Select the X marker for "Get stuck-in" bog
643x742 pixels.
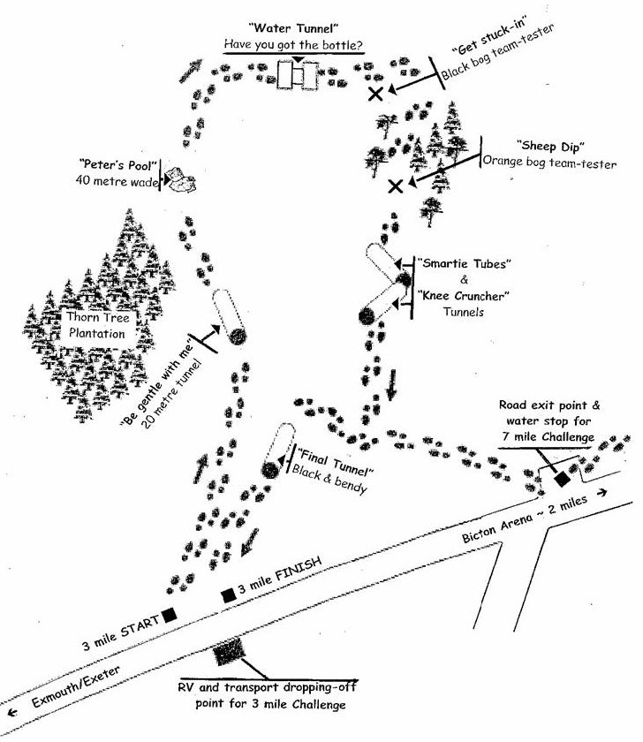[376, 93]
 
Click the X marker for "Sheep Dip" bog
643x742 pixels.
[396, 185]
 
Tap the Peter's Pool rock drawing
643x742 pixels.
[180, 179]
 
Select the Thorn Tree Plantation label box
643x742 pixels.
[99, 324]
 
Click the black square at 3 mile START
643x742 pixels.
[168, 614]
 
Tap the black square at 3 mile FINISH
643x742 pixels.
[228, 595]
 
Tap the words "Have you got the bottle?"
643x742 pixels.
[291, 44]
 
